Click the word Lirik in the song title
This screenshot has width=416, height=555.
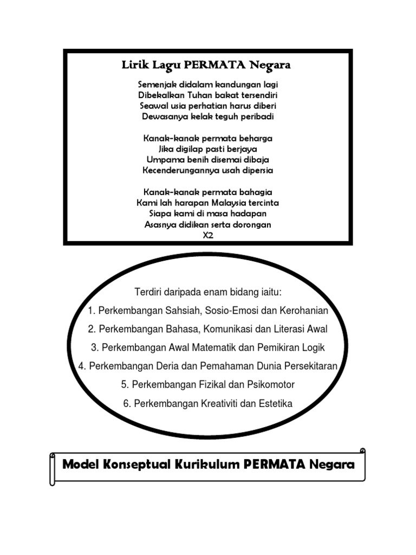(134, 66)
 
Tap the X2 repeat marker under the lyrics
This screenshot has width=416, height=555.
(208, 235)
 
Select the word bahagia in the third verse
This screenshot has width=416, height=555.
(255, 192)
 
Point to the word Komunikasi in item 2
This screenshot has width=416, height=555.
(240, 329)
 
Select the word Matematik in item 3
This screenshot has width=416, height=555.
(210, 347)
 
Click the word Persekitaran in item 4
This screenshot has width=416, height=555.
(313, 366)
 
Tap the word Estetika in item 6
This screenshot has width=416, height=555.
(276, 403)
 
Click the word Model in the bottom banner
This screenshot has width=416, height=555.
(82, 464)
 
